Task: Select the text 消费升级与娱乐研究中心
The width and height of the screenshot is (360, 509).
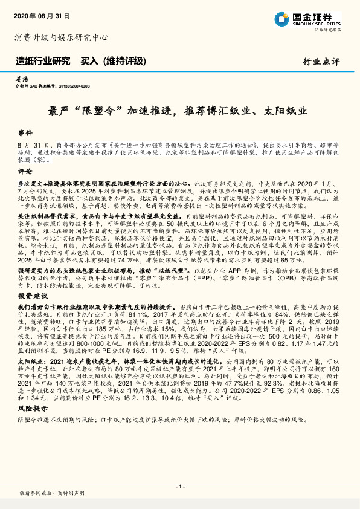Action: coord(61,37)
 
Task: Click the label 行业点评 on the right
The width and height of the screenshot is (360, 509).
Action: coord(321,62)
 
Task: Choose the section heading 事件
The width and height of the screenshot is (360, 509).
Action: coord(25,132)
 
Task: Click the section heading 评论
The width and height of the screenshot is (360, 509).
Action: coord(25,171)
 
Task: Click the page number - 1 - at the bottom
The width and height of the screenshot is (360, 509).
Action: coord(179,487)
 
